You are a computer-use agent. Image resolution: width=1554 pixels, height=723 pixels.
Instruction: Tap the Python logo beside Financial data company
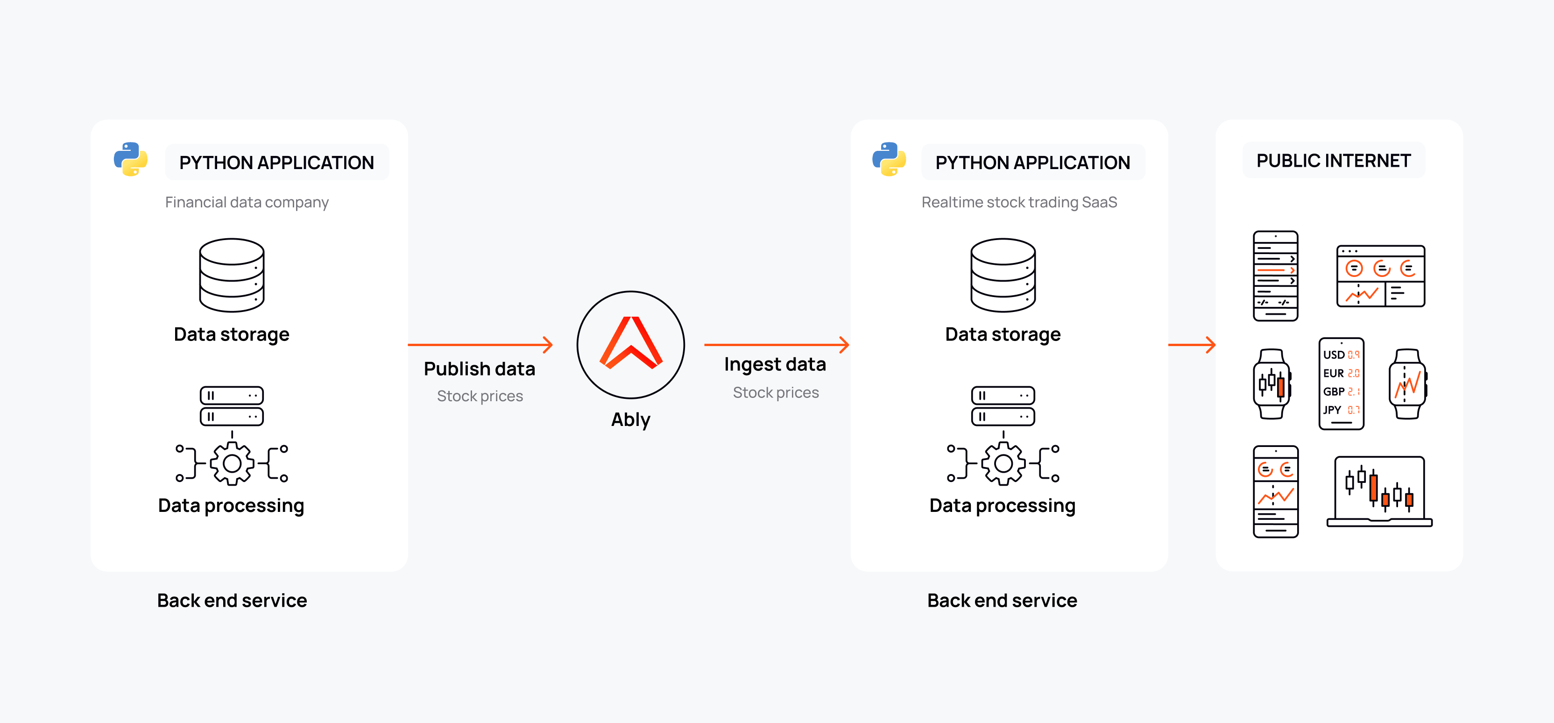tap(131, 159)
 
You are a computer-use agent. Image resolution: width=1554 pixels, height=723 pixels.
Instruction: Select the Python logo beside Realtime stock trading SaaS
tap(889, 159)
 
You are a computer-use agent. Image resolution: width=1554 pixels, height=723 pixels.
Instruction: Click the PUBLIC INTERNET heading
tap(1333, 161)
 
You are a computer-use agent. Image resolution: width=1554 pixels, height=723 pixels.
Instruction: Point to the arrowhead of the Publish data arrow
tap(548, 345)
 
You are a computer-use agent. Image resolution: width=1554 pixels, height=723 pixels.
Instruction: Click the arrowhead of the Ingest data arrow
tap(845, 345)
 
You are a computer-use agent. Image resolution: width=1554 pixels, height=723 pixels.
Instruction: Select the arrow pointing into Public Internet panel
tap(1192, 345)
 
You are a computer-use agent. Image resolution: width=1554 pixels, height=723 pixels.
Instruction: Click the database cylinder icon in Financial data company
tap(232, 275)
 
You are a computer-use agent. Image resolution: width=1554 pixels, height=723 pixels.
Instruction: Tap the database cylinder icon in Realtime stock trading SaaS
tap(1003, 275)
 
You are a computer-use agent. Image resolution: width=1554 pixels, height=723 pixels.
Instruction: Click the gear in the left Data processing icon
tap(232, 463)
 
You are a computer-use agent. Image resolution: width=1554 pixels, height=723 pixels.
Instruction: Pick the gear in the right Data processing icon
tap(1003, 463)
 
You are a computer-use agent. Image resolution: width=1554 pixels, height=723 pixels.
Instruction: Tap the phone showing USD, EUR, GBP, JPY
tap(1341, 384)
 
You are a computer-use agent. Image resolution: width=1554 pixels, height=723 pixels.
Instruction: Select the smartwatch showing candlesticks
tap(1271, 384)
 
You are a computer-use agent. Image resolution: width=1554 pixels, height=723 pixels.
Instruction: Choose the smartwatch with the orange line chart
tap(1407, 384)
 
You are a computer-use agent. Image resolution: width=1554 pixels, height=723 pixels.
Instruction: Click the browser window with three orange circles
tap(1380, 276)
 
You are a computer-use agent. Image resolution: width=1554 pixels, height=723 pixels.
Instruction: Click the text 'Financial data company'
tap(247, 202)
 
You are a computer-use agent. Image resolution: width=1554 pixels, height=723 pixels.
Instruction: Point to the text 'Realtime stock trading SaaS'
tap(1019, 202)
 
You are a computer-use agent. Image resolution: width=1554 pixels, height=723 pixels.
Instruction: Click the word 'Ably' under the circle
tap(630, 419)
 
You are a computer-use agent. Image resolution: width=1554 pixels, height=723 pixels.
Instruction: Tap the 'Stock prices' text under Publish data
tap(480, 396)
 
